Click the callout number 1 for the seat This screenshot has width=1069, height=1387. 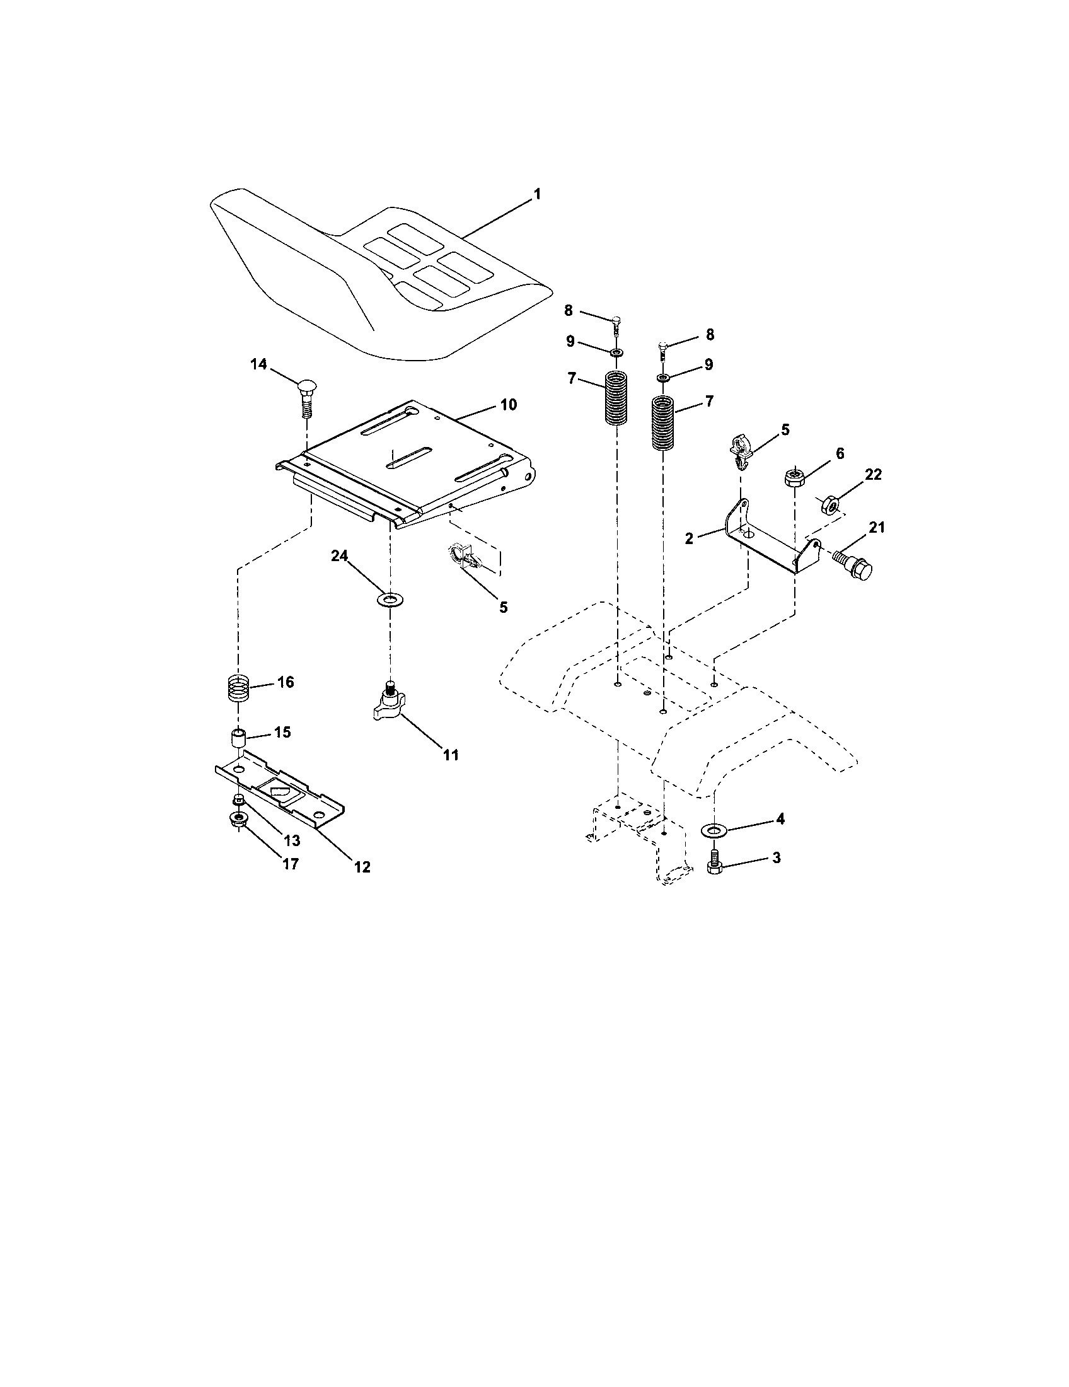[537, 194]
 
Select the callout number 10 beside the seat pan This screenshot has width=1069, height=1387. [508, 405]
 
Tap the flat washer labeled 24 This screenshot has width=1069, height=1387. [390, 599]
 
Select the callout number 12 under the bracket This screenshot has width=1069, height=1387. [362, 866]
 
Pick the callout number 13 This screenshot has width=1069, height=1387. [291, 840]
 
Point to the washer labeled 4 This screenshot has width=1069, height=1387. [714, 830]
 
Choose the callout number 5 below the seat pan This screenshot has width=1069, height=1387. [503, 607]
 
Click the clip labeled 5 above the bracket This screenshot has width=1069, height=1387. [741, 446]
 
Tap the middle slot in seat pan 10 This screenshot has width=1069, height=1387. [409, 458]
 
